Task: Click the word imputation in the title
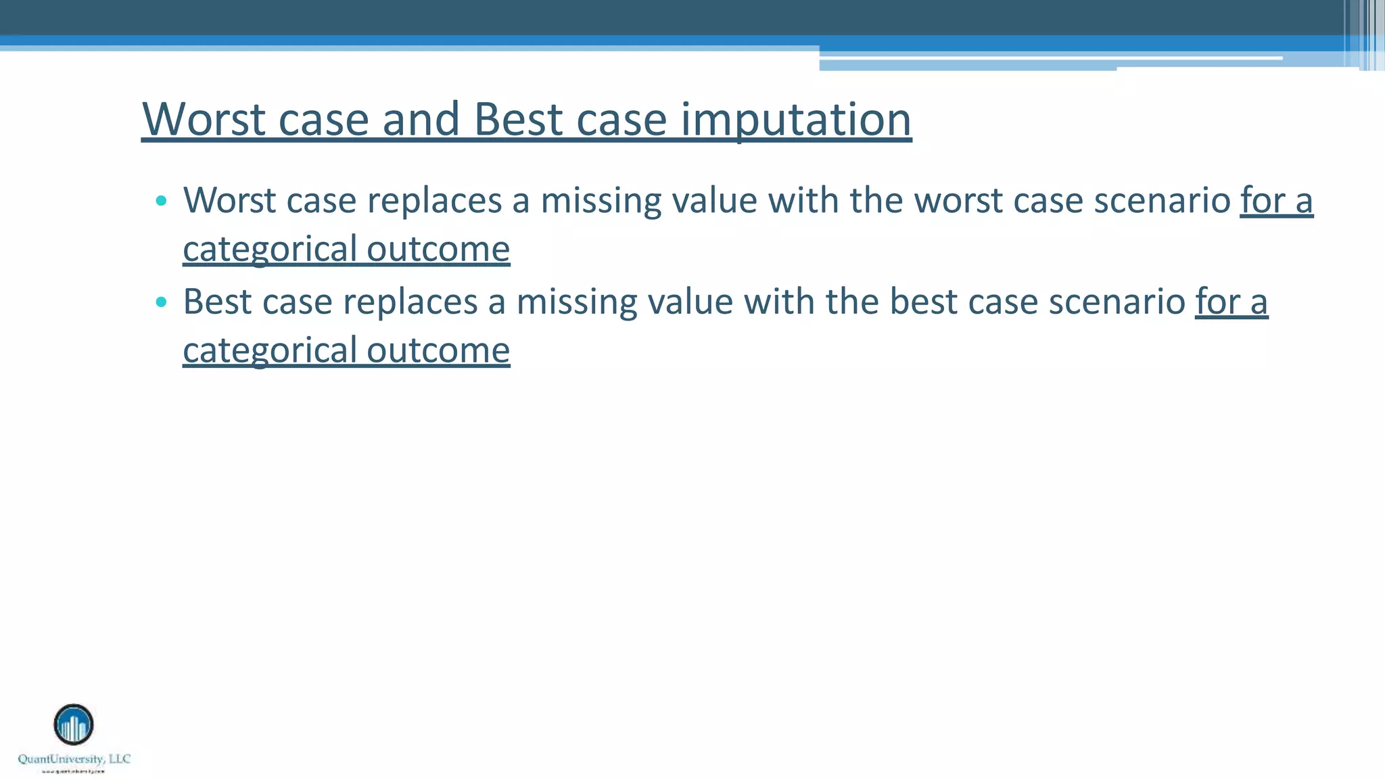click(x=796, y=120)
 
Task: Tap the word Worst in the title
click(x=204, y=119)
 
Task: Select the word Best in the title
click(x=518, y=119)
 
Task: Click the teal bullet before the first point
click(x=161, y=200)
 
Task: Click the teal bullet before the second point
click(x=161, y=302)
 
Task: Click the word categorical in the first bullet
click(x=270, y=250)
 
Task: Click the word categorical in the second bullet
click(x=270, y=352)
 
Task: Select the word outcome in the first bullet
click(x=438, y=249)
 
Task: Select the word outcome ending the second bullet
click(x=438, y=350)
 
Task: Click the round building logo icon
click(x=74, y=724)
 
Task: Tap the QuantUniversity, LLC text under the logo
click(x=74, y=759)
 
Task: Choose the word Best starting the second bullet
click(x=217, y=302)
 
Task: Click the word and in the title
click(x=421, y=119)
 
